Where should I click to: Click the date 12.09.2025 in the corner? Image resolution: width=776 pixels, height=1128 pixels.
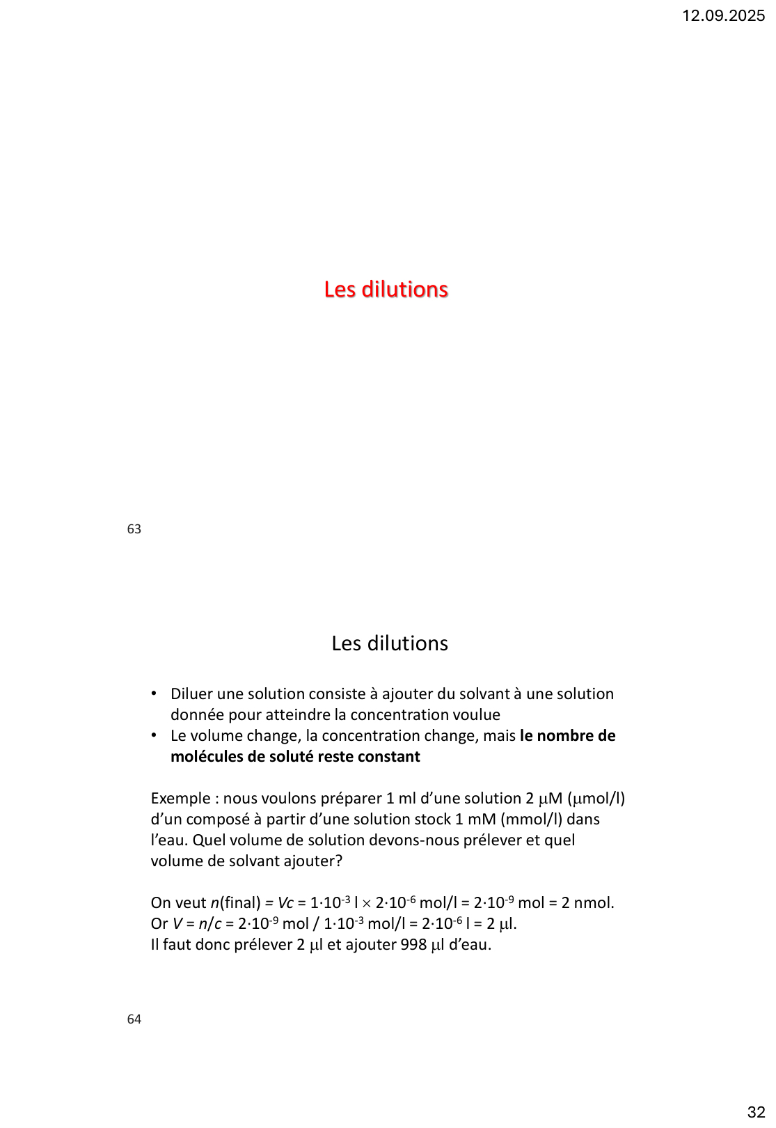[x=723, y=15]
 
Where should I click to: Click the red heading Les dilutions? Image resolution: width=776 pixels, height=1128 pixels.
[x=386, y=289]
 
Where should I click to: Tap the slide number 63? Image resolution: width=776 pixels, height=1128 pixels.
[x=134, y=529]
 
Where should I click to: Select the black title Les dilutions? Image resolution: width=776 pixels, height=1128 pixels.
[x=390, y=643]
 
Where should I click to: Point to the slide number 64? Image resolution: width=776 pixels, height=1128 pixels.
[x=134, y=1019]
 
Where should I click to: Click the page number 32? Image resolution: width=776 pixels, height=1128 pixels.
[x=756, y=1112]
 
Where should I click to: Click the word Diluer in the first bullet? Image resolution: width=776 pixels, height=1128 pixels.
[x=191, y=694]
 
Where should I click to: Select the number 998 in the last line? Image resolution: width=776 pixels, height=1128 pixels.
[x=413, y=944]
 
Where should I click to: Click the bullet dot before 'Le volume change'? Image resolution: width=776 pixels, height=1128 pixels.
[x=154, y=735]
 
